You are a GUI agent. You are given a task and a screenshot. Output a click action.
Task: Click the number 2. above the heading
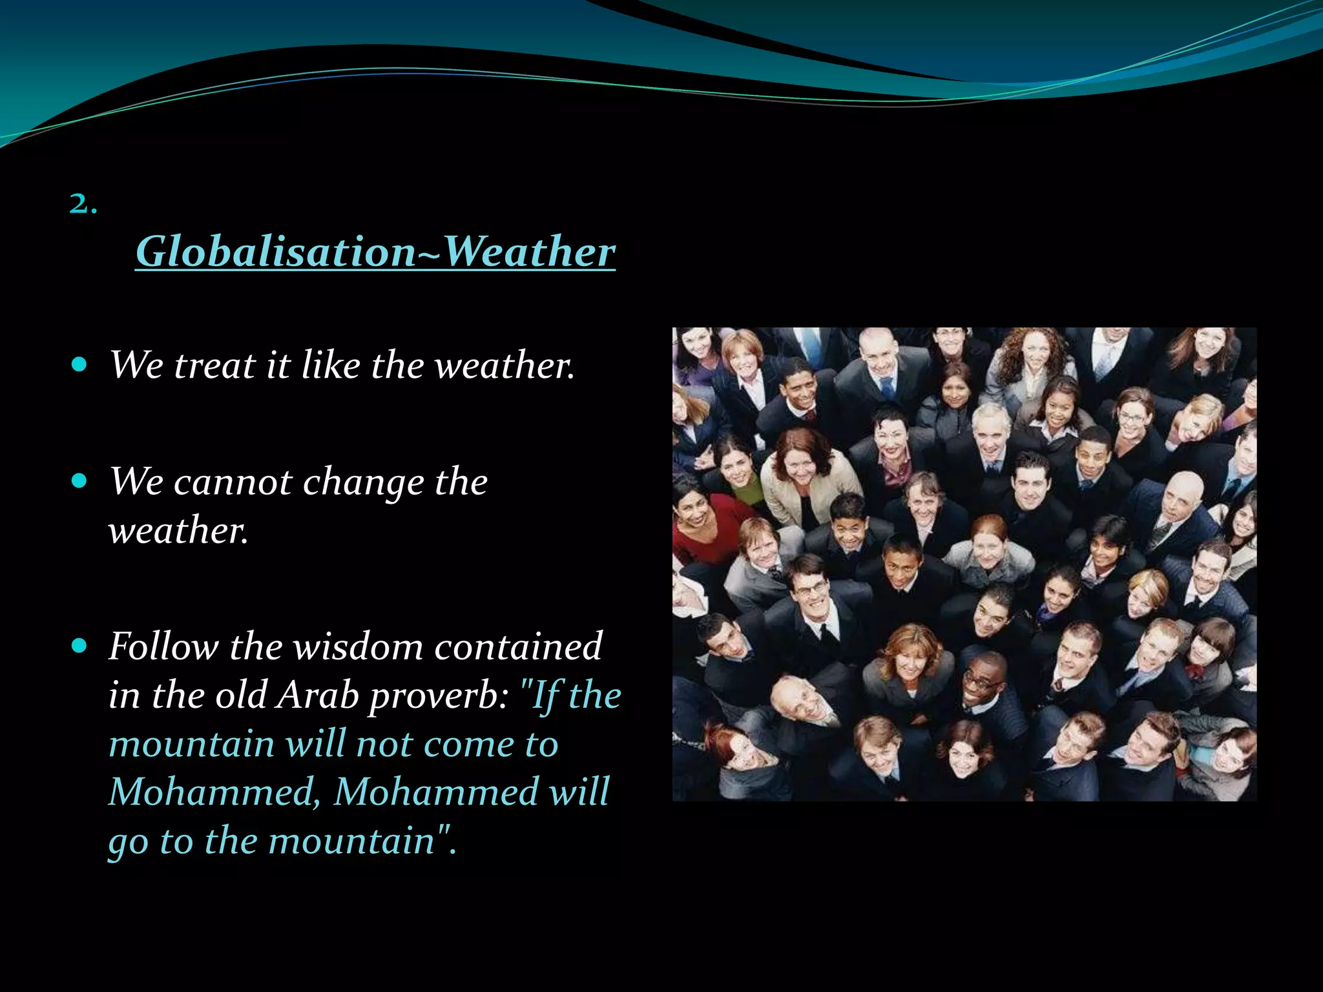[x=83, y=204]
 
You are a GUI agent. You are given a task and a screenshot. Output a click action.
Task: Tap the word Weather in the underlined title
[x=529, y=251]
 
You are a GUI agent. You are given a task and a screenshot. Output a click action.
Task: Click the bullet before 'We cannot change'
[x=79, y=481]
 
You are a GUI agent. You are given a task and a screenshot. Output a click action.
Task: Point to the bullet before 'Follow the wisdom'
[x=79, y=645]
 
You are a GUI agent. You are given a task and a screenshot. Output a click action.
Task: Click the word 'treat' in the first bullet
[x=214, y=366]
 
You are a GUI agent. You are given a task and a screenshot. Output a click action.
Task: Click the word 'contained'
[x=517, y=646]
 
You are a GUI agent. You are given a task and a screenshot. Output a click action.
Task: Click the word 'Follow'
[x=163, y=646]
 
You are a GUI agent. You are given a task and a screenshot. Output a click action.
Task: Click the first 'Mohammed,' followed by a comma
[x=214, y=792]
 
